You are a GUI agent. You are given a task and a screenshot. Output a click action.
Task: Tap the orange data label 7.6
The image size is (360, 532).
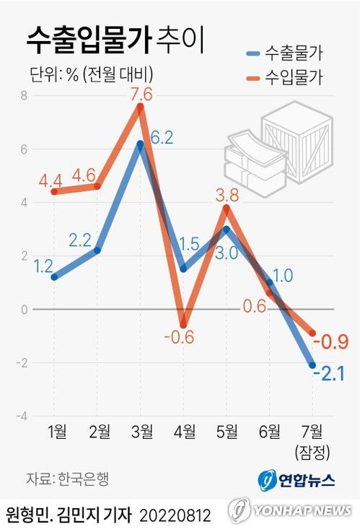(141, 94)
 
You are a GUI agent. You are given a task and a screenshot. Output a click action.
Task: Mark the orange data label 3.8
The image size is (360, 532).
(229, 194)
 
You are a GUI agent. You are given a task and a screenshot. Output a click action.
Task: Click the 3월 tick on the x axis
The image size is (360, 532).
(142, 433)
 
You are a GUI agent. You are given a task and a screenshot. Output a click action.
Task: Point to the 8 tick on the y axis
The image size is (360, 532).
(23, 96)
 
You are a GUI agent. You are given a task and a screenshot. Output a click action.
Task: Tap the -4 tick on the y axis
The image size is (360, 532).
(22, 417)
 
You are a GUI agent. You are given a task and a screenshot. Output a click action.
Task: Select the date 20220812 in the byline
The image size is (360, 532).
(175, 515)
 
